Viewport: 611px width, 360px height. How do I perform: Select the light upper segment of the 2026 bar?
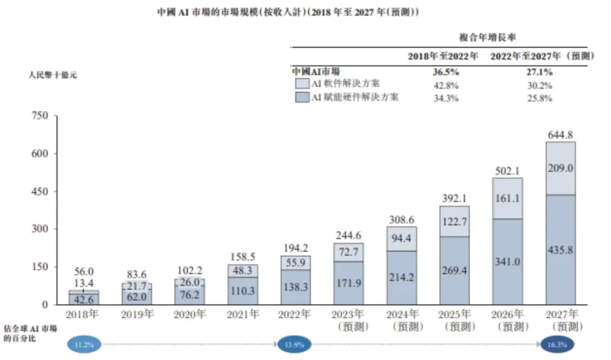(x=507, y=198)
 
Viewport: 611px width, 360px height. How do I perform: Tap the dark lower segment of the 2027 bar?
(x=561, y=250)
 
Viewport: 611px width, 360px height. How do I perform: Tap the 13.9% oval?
(x=294, y=344)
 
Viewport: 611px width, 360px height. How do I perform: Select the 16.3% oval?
(x=557, y=344)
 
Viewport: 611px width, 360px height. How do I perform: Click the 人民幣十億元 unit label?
(x=52, y=75)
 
